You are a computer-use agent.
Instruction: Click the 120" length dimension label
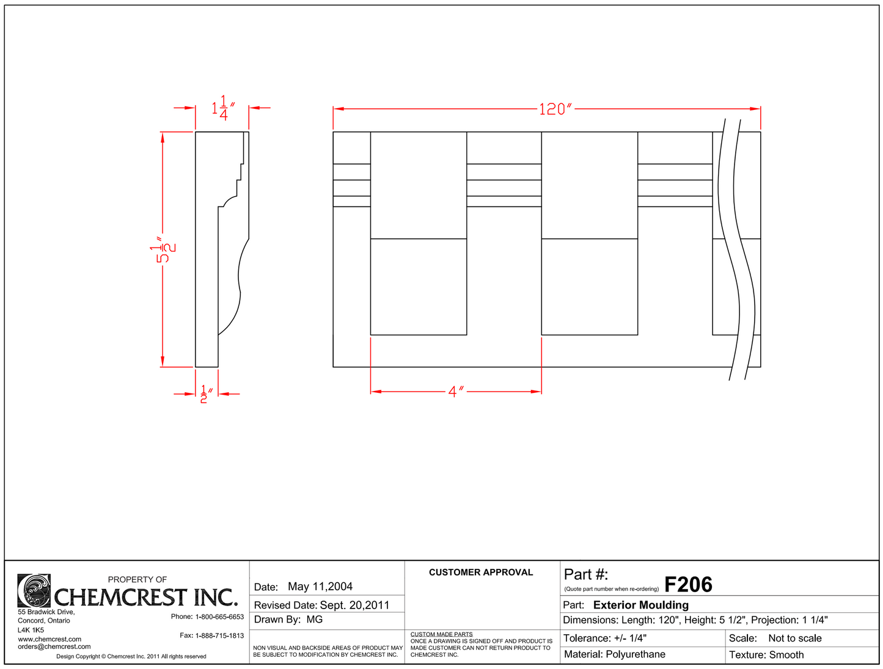[x=555, y=109]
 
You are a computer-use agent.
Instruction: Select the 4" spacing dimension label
[x=456, y=392]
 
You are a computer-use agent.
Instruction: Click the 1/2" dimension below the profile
[x=207, y=394]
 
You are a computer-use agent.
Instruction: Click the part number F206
[x=688, y=585]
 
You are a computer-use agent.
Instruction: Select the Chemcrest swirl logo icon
[x=34, y=591]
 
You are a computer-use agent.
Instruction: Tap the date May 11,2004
[x=320, y=587]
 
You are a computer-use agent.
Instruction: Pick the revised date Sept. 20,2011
[x=354, y=605]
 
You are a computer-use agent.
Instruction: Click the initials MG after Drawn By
[x=315, y=620]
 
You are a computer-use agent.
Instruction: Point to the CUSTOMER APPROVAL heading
[x=481, y=572]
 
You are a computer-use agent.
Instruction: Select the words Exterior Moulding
[x=640, y=605]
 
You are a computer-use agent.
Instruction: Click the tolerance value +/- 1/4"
[x=630, y=638]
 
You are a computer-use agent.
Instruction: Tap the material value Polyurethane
[x=636, y=654]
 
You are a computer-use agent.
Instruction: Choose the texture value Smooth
[x=786, y=654]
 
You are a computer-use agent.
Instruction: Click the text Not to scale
[x=794, y=638]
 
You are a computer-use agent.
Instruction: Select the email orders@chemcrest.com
[x=54, y=646]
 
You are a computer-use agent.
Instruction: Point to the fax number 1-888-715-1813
[x=219, y=635]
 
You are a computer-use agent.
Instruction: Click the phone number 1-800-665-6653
[x=219, y=616]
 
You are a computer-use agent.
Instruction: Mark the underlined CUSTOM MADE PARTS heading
[x=441, y=634]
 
